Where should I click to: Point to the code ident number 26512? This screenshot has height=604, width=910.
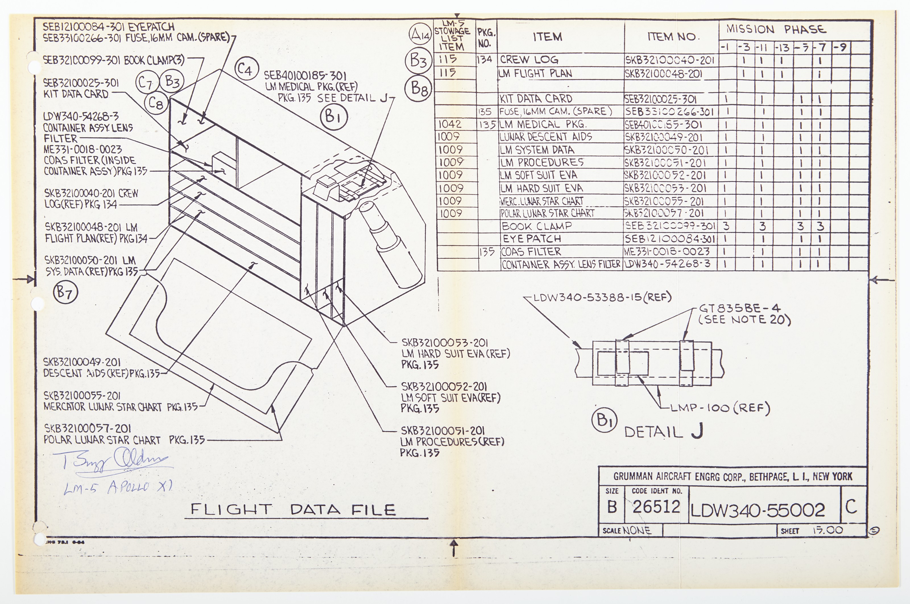(656, 507)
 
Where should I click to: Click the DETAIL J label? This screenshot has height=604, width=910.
(663, 431)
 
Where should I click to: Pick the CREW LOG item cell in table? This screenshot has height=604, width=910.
(529, 60)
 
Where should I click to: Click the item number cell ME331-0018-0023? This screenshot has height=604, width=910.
(667, 252)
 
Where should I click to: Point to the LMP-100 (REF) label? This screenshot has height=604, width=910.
(720, 408)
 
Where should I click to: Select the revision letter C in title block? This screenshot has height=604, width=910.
(851, 507)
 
